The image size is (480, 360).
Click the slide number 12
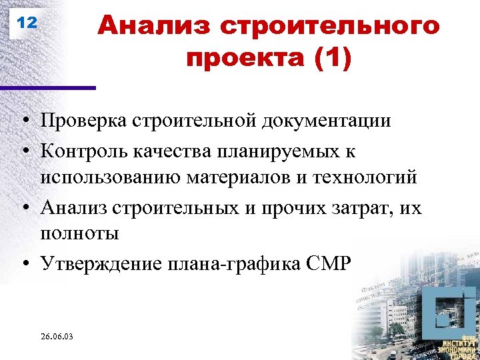coord(27,23)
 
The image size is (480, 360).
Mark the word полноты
coord(79,235)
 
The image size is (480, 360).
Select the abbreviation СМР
coord(326,264)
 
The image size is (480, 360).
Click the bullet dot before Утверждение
coord(23,265)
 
